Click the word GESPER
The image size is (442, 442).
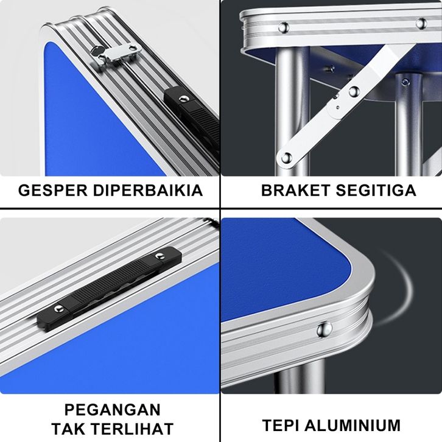[53, 191]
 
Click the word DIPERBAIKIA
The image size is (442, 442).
[148, 191]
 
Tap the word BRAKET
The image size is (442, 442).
[296, 191]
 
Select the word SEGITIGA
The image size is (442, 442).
[376, 191]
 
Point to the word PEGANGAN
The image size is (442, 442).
[113, 410]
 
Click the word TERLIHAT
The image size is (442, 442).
[133, 429]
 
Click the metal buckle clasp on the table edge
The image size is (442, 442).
[116, 54]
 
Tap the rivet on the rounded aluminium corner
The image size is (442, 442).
[324, 329]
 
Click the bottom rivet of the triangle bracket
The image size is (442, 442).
[286, 158]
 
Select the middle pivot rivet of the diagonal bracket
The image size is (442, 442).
[354, 91]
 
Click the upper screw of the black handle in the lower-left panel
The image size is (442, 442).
[160, 256]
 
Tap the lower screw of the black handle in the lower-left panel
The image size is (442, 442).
[58, 309]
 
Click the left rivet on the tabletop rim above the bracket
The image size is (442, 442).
[284, 27]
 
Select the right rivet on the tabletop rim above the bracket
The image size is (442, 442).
[421, 23]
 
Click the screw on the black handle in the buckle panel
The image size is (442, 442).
[183, 99]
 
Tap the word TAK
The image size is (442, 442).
[69, 429]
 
